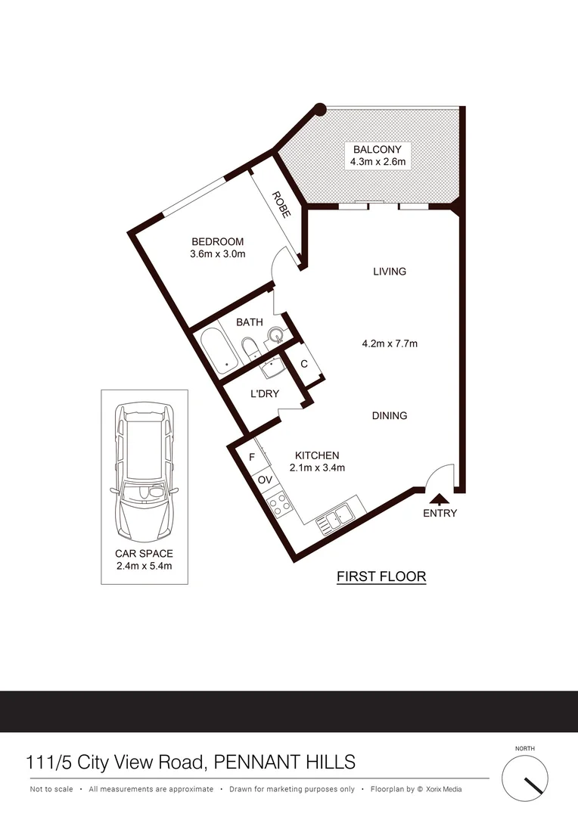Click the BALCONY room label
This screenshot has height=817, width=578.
[378, 150]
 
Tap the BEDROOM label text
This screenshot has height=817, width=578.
[218, 242]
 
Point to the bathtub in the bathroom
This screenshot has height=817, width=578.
[219, 353]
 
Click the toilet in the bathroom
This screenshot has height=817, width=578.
[250, 349]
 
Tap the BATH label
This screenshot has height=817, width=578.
[249, 322]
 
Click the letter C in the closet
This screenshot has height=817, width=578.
[304, 364]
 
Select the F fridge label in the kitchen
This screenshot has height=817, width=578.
[251, 457]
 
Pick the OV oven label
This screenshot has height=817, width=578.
[264, 480]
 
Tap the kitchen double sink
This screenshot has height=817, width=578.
[335, 518]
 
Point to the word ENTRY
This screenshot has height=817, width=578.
[440, 513]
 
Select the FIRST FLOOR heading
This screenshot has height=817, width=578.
[381, 576]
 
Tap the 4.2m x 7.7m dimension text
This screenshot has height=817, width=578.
[390, 343]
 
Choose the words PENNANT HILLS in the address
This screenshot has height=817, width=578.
[285, 761]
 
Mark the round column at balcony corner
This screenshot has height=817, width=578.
[320, 110]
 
